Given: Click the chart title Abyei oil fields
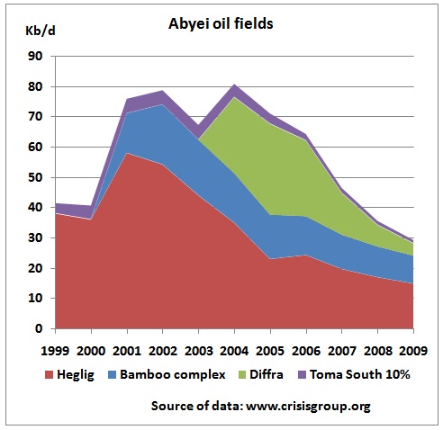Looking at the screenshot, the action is (x=221, y=23).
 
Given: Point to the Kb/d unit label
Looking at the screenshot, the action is (x=41, y=31).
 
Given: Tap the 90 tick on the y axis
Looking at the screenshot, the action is (x=35, y=56).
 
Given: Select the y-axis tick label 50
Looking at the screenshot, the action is (x=35, y=177).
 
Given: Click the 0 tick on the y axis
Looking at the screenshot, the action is (x=39, y=328).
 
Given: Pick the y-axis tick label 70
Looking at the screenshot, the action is (x=35, y=116).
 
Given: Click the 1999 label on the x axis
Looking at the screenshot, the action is (x=55, y=351).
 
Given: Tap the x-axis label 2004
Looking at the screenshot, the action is (x=234, y=351).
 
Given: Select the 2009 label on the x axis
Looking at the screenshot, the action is (x=413, y=351).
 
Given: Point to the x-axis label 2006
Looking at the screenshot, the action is (x=306, y=351).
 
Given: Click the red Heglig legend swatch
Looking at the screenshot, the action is (x=49, y=375).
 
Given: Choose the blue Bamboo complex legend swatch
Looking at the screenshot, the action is (x=112, y=375).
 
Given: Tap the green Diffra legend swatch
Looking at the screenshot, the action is (x=241, y=375).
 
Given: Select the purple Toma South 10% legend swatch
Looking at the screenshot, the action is (x=302, y=375).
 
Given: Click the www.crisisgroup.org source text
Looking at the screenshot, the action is (x=308, y=407).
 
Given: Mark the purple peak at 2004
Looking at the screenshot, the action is (x=234, y=85).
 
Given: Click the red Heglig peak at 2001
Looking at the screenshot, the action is (x=127, y=153).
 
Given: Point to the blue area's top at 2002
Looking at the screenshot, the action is (x=163, y=104).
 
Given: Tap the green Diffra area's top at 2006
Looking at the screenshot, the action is (x=306, y=140).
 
